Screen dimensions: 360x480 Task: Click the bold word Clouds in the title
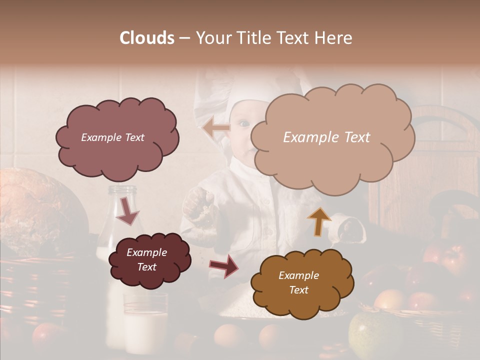coord(147,38)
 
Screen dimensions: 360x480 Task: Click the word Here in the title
coord(334,38)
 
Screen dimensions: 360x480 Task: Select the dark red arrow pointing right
coord(224,265)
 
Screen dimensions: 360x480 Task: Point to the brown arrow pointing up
coord(319,221)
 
